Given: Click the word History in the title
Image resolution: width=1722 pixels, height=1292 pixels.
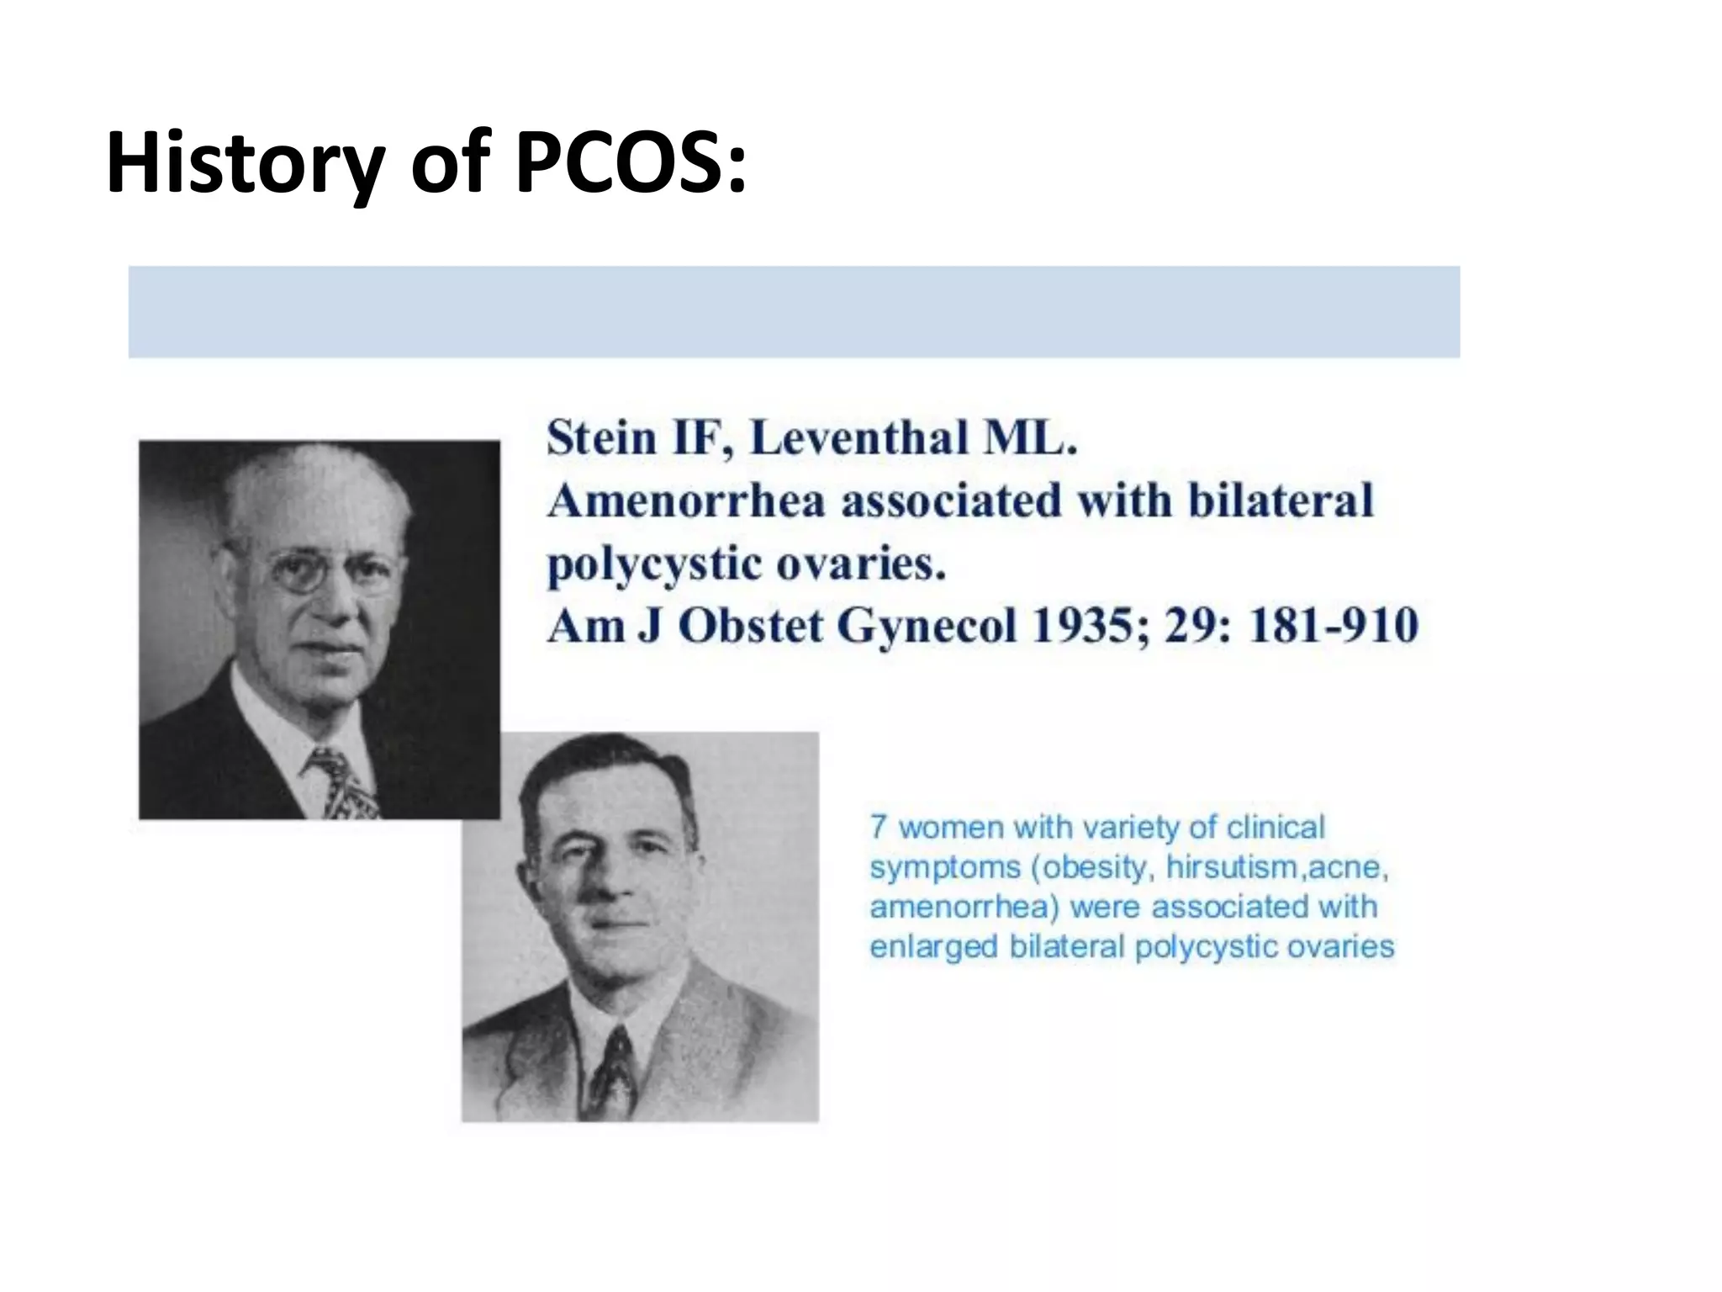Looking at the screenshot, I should (245, 165).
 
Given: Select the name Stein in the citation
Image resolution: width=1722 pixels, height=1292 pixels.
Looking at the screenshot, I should (601, 438).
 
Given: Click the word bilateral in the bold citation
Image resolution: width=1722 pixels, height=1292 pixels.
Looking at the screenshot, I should (1280, 500).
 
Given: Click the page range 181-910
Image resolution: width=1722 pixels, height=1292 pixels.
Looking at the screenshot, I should (1333, 627).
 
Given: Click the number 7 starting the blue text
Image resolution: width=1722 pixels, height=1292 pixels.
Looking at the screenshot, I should (878, 827).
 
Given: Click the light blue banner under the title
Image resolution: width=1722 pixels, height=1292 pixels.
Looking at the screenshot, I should (794, 312).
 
